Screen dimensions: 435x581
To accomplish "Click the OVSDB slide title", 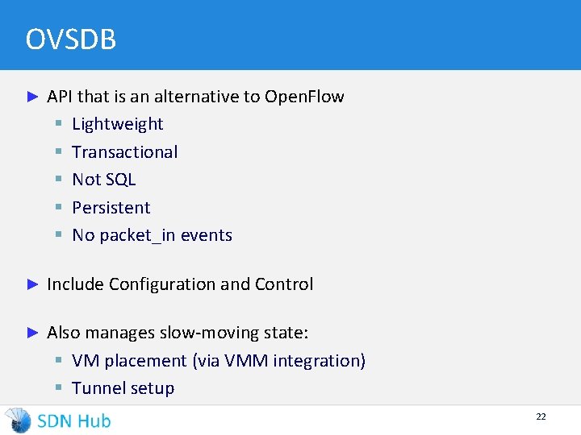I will coord(71,39).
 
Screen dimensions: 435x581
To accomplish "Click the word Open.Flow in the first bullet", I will coord(304,97).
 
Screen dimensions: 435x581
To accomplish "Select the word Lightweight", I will coord(118,124).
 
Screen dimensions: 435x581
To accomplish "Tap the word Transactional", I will coord(125,152).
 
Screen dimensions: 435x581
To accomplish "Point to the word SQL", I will coord(120,180).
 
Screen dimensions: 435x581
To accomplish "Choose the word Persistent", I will coord(111,208).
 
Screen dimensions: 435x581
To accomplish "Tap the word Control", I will coord(284,284).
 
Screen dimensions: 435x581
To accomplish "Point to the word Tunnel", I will coord(97,388).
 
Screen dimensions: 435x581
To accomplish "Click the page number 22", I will coord(541,416).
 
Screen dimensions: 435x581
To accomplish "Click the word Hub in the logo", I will coord(94,420).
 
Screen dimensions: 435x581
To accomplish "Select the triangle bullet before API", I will coord(33,97).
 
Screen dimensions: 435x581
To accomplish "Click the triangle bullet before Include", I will coord(33,284).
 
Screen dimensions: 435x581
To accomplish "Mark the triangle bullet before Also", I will coord(33,333).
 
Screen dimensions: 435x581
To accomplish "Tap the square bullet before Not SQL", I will coord(59,180).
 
